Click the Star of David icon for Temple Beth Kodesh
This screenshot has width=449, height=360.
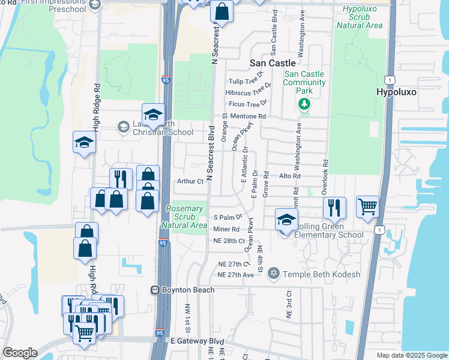coord(274,274)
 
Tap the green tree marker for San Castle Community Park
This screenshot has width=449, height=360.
coord(305,104)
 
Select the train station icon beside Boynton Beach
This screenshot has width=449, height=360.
coord(155,290)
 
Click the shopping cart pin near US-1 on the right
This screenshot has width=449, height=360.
coord(367,206)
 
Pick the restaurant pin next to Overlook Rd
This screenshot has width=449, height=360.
coord(334,208)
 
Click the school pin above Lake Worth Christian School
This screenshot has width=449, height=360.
coord(153,115)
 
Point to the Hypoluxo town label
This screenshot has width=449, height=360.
coord(396,92)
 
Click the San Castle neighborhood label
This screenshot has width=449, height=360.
coord(273,62)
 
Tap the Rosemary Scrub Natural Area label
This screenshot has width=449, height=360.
coord(185,217)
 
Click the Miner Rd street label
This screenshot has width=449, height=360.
coord(226,229)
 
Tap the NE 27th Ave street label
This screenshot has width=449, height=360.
coord(237,275)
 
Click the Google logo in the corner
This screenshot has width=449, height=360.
coord(20,353)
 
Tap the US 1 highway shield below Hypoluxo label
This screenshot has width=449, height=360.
coord(391,80)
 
